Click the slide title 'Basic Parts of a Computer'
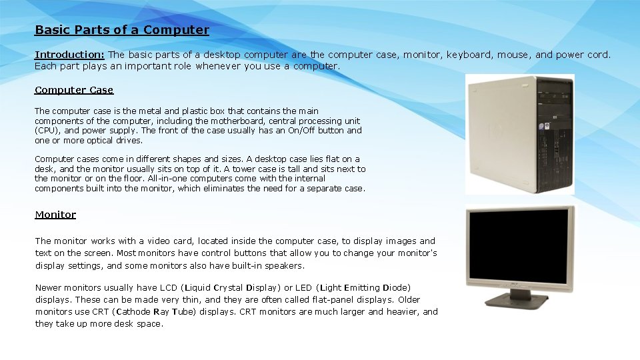coord(122,30)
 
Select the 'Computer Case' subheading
coord(74,90)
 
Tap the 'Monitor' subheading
coord(55,215)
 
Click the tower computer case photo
coord(519,133)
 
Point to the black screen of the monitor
coord(519,245)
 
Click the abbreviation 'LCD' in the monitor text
coord(169,288)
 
